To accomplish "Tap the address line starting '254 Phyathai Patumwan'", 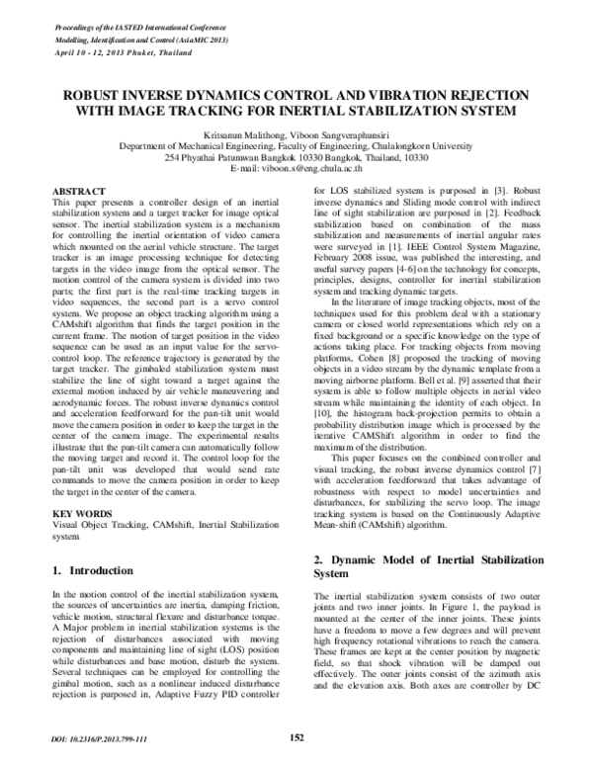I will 296,157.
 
